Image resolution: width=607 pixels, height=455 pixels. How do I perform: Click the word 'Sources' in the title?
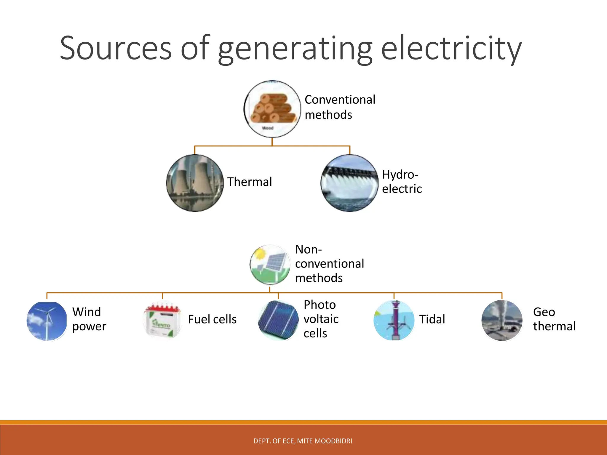[116, 48]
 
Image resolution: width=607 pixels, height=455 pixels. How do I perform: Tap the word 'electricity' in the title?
[451, 48]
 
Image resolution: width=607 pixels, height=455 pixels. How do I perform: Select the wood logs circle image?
[272, 109]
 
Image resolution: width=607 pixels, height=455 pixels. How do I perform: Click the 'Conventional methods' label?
[340, 107]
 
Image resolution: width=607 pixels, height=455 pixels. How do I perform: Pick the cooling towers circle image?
[195, 183]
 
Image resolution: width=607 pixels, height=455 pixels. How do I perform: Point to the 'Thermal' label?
[249, 182]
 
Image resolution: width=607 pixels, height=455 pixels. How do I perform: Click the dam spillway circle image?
[349, 183]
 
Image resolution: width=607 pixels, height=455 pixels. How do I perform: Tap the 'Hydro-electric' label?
[402, 182]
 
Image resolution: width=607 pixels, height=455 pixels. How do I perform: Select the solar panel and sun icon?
[270, 265]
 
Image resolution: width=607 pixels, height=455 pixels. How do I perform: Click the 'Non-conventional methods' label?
[329, 263]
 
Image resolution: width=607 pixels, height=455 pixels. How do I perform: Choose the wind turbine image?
[47, 321]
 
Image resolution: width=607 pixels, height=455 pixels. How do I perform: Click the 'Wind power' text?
[89, 319]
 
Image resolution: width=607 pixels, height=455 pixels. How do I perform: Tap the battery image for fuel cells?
[162, 320]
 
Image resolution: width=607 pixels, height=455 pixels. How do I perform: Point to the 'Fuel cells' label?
[212, 319]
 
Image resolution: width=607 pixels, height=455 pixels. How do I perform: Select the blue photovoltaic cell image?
[278, 320]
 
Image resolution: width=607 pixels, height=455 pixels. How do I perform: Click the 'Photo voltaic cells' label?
[321, 319]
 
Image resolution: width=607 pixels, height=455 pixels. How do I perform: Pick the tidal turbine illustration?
[394, 320]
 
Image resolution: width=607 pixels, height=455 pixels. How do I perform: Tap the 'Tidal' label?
[432, 319]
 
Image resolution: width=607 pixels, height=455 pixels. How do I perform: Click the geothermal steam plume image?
[502, 320]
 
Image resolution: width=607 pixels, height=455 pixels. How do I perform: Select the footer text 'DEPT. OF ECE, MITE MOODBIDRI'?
[303, 441]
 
